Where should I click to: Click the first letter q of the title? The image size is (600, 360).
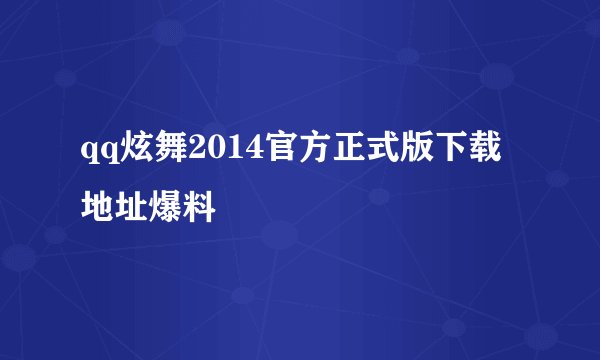coord(91,154)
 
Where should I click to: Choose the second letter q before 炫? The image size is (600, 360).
coord(109,154)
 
